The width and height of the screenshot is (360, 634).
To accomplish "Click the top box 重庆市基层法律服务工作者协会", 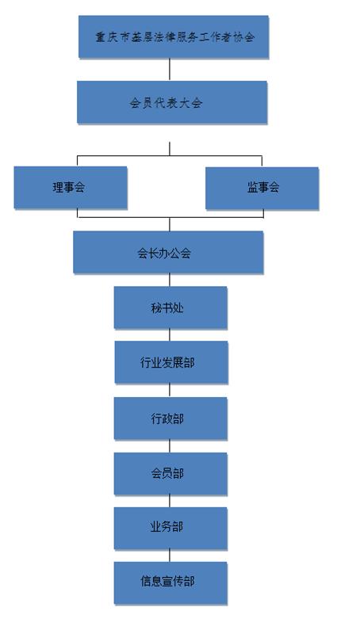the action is [174, 36].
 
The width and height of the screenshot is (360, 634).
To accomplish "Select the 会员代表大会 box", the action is [172, 102].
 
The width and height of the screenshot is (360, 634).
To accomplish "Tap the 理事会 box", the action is [71, 188].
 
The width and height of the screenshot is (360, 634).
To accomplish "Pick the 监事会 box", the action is [262, 188].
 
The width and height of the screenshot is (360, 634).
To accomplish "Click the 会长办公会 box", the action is [168, 252].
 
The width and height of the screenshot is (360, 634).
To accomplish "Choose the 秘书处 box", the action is [170, 307].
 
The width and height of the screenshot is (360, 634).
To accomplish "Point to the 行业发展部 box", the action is [171, 362].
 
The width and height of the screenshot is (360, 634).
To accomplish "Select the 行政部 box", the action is [170, 418].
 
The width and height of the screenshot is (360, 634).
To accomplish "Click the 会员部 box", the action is [170, 474].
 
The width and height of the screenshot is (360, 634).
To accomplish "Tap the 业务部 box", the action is [170, 529].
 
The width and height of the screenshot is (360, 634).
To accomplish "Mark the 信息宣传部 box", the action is [170, 583].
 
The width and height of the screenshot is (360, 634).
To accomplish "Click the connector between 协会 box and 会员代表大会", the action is [170, 70].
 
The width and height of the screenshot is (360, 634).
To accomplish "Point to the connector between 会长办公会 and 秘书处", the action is [170, 281].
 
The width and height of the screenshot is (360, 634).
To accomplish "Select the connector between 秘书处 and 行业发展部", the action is [170, 335].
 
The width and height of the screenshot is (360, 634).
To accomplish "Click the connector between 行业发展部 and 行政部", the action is [170, 391].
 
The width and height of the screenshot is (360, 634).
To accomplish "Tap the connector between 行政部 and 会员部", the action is [170, 446].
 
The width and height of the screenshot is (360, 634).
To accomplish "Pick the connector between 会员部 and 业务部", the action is [170, 502].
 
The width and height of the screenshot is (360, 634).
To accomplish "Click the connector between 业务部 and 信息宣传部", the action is [170, 556].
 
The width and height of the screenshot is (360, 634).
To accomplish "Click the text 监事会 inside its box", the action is [263, 188].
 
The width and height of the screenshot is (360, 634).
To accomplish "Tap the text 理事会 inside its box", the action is [69, 188].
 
